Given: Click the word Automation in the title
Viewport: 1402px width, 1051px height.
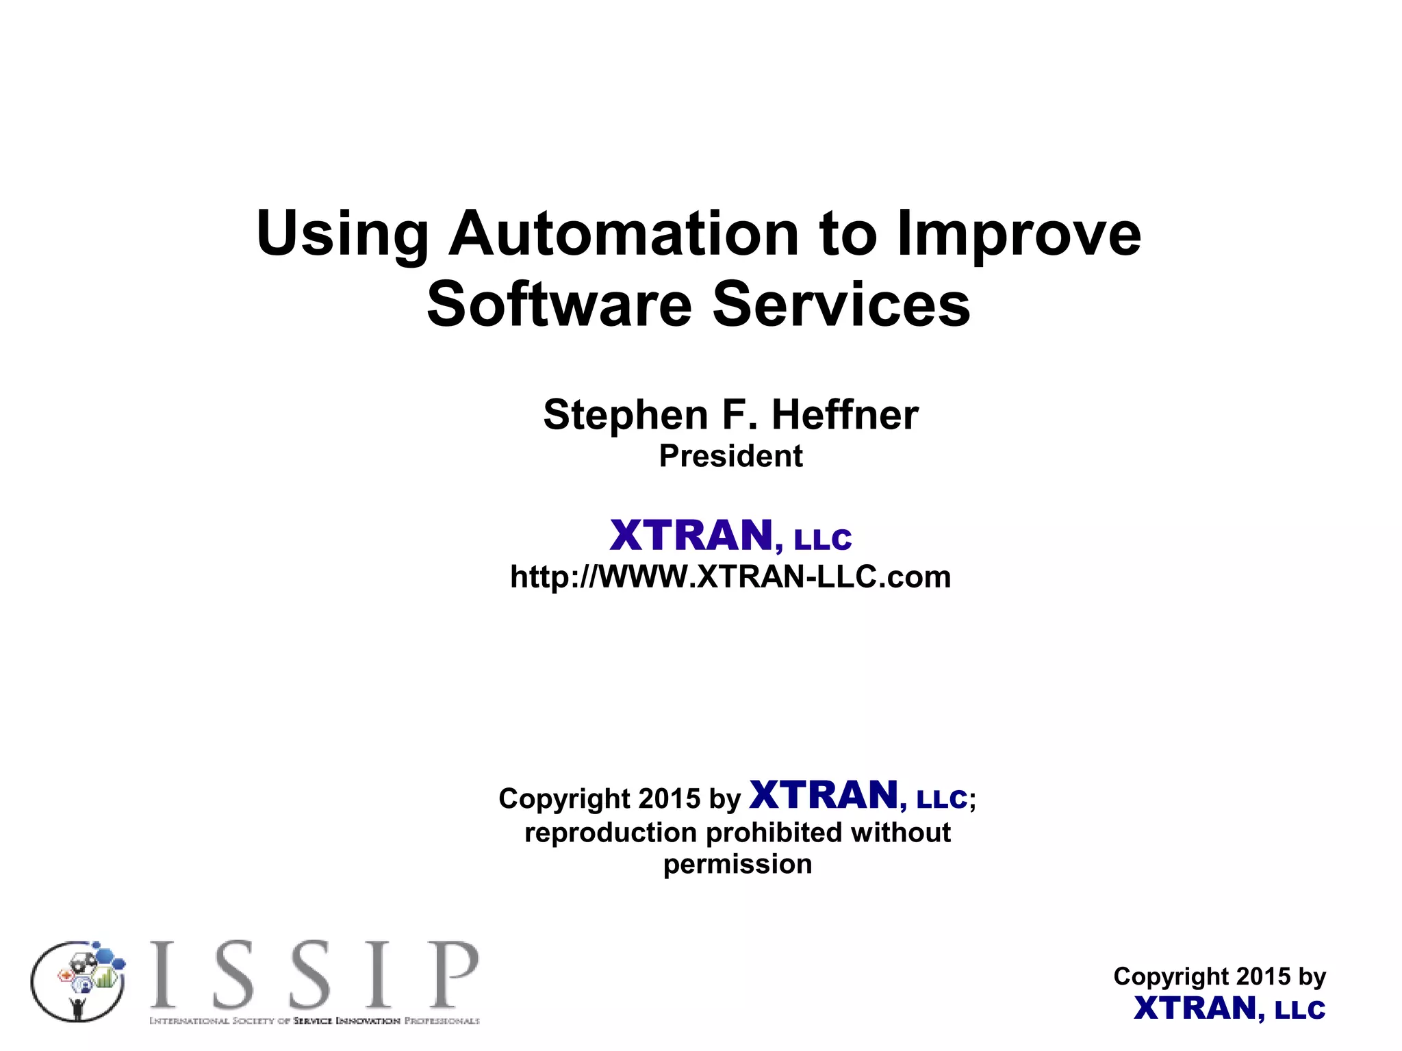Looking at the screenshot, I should coord(624,234).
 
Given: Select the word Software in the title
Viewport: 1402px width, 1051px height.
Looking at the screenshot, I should coord(559,304).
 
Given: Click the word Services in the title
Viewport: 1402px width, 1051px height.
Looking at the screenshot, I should coord(841,304).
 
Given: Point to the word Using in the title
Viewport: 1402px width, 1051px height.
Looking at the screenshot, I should coord(342,234).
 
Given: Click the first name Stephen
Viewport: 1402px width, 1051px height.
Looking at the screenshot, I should coord(625,415).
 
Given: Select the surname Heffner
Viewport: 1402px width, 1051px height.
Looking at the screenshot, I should coord(845,415).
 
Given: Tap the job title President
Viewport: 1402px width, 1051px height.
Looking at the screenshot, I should coord(730,456).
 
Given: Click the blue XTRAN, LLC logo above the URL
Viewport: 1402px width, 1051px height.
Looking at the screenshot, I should coord(730,535).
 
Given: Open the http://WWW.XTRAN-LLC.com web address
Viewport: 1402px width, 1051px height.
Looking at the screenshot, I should coord(730,577).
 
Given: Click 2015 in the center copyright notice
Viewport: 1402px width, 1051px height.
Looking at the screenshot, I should coord(669,798).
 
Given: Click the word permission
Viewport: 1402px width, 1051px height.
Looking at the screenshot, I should coord(737,864).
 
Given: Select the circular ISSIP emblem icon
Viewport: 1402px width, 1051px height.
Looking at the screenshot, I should coord(78,980).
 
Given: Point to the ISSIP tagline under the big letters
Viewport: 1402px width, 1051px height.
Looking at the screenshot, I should coord(314,1021).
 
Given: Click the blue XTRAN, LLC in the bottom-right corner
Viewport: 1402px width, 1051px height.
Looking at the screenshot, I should coord(1229,1009).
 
